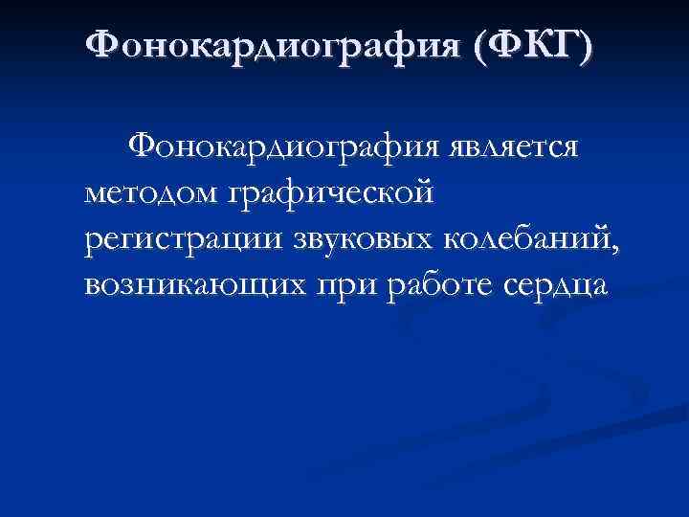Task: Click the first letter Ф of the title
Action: pos(98,44)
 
